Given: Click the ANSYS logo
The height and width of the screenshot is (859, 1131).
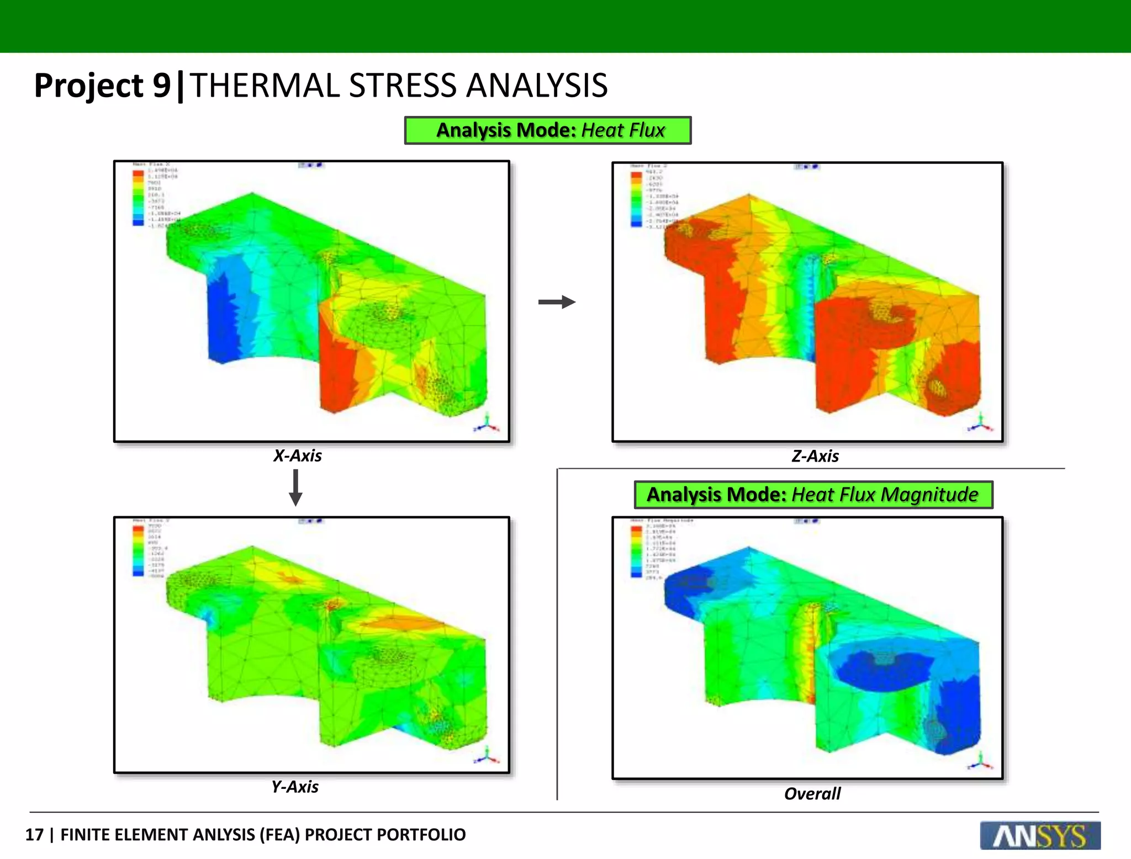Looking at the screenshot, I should point(1040,835).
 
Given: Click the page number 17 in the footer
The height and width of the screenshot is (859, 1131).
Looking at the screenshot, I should point(34,834).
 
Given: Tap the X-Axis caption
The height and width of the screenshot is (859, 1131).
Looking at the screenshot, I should point(297,455).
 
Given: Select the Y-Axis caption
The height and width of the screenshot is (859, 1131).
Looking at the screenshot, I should point(295,786).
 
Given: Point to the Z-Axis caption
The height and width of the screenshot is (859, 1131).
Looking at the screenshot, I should point(815,456).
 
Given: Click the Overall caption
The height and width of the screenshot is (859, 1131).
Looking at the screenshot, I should point(812,793).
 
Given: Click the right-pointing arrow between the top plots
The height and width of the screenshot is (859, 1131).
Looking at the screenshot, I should point(557,302).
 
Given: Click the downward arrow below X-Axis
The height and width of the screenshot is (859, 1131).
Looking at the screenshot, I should point(295,487).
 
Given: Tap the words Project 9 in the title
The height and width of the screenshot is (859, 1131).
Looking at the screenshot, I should point(103,86).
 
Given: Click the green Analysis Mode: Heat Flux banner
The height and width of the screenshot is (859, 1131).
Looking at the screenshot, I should point(547,130).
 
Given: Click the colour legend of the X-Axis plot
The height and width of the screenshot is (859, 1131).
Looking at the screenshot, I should point(138,198).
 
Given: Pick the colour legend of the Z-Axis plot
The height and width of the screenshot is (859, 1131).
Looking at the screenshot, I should point(636,199).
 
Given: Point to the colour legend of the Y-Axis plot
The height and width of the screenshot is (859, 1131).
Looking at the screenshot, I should point(138,550).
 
